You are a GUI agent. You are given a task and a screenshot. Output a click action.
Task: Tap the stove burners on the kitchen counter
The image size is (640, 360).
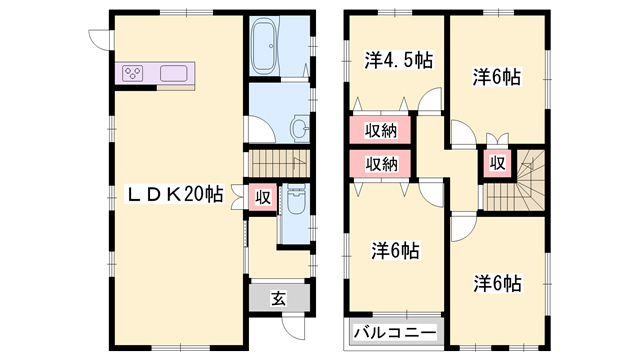coord(135,73)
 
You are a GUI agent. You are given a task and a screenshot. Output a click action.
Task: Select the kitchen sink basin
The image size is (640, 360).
coord(173,73)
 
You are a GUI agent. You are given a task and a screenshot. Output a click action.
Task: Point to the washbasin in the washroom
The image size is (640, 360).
coord(299,128)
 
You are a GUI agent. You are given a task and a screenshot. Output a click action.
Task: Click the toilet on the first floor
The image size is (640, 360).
coord(295,204)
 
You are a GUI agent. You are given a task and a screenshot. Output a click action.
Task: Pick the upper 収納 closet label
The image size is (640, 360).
coord(380,131)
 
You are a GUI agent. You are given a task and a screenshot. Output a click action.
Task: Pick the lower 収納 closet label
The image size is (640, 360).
coord(380,164)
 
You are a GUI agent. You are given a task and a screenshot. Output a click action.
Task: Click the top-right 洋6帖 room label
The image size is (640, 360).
coord(497,76)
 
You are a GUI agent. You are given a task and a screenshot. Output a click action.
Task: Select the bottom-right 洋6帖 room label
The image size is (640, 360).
coord(497,283)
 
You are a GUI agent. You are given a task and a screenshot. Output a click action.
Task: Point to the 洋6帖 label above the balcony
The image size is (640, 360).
coord(397,250)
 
